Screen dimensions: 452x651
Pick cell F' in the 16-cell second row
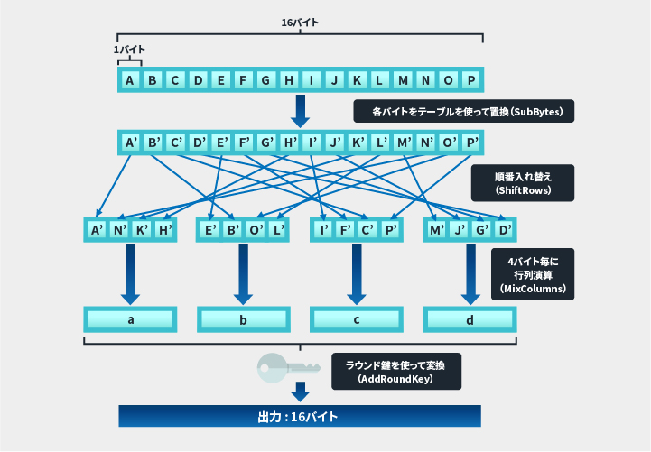pyautogui.click(x=245, y=143)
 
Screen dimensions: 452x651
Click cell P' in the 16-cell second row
pyautogui.click(x=471, y=143)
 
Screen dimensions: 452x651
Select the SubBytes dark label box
pyautogui.click(x=462, y=113)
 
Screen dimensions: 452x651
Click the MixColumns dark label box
pyautogui.click(x=532, y=275)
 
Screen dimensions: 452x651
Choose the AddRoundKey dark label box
pyautogui.click(x=396, y=371)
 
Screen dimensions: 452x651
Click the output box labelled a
pyautogui.click(x=130, y=320)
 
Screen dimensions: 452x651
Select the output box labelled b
pyautogui.click(x=244, y=320)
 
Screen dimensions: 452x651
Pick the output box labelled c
pyautogui.click(x=357, y=320)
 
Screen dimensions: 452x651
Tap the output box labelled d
pyautogui.click(x=470, y=320)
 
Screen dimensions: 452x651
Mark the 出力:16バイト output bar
pyautogui.click(x=300, y=416)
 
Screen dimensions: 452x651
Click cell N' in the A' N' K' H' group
pyautogui.click(x=119, y=230)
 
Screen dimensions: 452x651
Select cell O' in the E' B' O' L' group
pyautogui.click(x=256, y=230)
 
